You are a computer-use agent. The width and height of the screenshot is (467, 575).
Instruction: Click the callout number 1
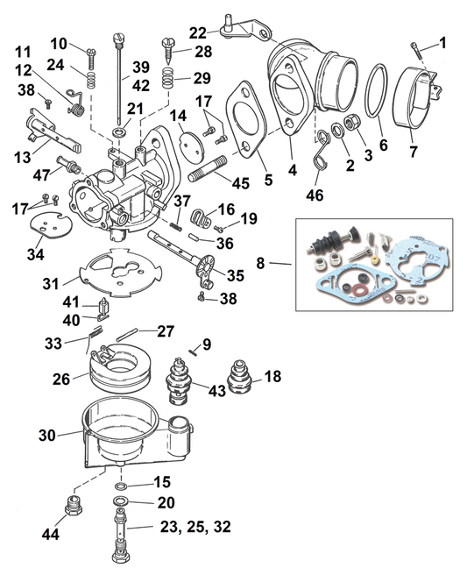point(442,42)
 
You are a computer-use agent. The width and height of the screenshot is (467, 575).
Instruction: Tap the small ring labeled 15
point(120,484)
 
